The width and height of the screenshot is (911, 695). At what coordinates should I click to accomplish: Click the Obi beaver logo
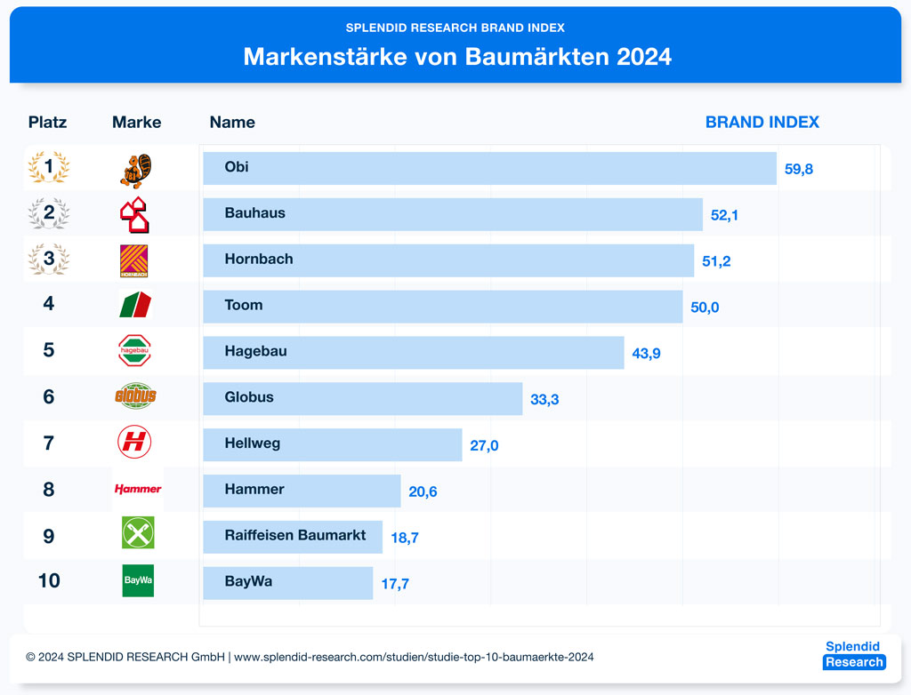pos(135,170)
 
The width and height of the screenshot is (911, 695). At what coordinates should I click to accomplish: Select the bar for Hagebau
pos(413,352)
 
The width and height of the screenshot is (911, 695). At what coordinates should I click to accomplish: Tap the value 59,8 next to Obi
pos(798,169)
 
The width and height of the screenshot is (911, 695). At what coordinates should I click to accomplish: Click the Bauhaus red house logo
pos(135,215)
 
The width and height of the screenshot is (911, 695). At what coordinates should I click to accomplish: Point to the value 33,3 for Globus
pos(544,400)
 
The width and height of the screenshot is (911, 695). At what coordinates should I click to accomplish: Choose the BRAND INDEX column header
pos(762,123)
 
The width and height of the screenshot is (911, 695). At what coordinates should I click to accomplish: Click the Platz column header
pos(47,123)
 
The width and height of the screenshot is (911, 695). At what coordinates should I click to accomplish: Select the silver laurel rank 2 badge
pos(49,213)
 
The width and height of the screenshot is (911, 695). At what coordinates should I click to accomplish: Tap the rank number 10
pos(49,581)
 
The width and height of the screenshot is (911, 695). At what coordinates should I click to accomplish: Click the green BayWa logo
pos(138,580)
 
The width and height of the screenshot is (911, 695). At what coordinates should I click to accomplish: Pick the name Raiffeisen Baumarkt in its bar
pos(294,536)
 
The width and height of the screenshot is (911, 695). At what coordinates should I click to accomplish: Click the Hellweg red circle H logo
pos(134,442)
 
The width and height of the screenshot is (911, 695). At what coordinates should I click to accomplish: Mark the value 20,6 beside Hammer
pos(423,491)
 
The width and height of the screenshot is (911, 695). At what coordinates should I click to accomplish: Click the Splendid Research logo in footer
pos(853,655)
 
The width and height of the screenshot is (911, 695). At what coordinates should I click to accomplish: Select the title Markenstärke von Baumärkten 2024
pos(456,57)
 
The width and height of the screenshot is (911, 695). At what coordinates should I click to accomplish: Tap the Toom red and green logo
pos(135,304)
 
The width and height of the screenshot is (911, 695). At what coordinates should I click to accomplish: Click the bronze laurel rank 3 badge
pos(49,260)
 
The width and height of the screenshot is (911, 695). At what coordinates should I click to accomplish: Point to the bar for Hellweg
pos(332,444)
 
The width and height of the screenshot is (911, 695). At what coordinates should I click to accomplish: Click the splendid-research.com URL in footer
pos(414,658)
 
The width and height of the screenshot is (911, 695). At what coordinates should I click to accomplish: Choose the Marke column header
pos(136,123)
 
